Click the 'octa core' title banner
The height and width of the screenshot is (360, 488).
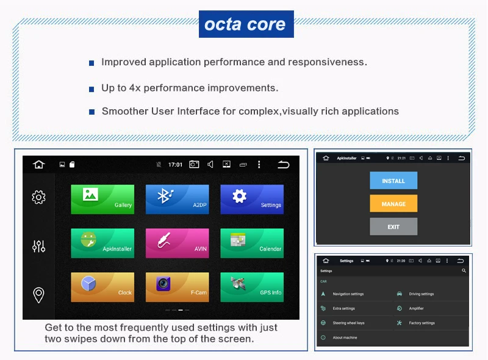pyautogui.click(x=245, y=24)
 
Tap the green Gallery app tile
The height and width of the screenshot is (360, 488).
pyautogui.click(x=102, y=200)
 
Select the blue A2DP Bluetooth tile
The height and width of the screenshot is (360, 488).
pyautogui.click(x=177, y=200)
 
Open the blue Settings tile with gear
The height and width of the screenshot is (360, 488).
pyautogui.click(x=252, y=200)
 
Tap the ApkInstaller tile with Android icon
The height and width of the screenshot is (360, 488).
pyautogui.click(x=102, y=243)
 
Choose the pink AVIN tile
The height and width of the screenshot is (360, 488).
pyautogui.click(x=177, y=243)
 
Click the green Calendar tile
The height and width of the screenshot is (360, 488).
pyautogui.click(x=252, y=243)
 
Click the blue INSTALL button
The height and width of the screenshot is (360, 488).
pyautogui.click(x=393, y=181)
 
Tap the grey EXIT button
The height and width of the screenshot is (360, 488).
pyautogui.click(x=393, y=226)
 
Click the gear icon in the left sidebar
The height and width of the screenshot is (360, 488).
pyautogui.click(x=38, y=196)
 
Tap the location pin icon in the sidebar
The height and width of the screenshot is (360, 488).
pyautogui.click(x=38, y=295)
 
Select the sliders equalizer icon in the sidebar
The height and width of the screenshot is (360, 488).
pyautogui.click(x=38, y=246)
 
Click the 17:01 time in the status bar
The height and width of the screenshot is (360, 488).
pyautogui.click(x=175, y=165)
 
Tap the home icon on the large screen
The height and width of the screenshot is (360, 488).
pyautogui.click(x=39, y=164)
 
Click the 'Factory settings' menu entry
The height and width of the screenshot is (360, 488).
pyautogui.click(x=422, y=323)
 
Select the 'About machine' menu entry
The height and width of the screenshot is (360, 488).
pyautogui.click(x=345, y=337)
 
